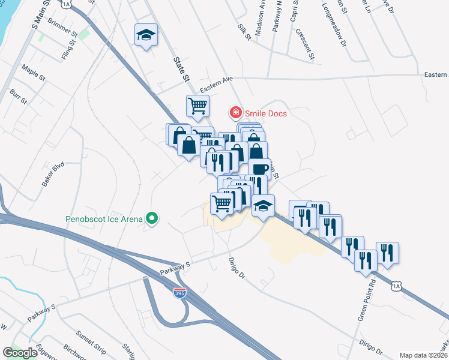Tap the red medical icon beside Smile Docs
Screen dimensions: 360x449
pos(236,112)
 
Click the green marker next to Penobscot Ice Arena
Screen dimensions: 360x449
pos(152,218)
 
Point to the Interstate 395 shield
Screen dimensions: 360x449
pos(179,293)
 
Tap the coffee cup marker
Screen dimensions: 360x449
pos(259,169)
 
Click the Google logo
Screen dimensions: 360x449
pos(20,353)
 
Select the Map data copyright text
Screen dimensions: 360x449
pos(424,355)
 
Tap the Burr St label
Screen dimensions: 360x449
pos(19,97)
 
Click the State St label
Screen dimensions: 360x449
pos(181,69)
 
